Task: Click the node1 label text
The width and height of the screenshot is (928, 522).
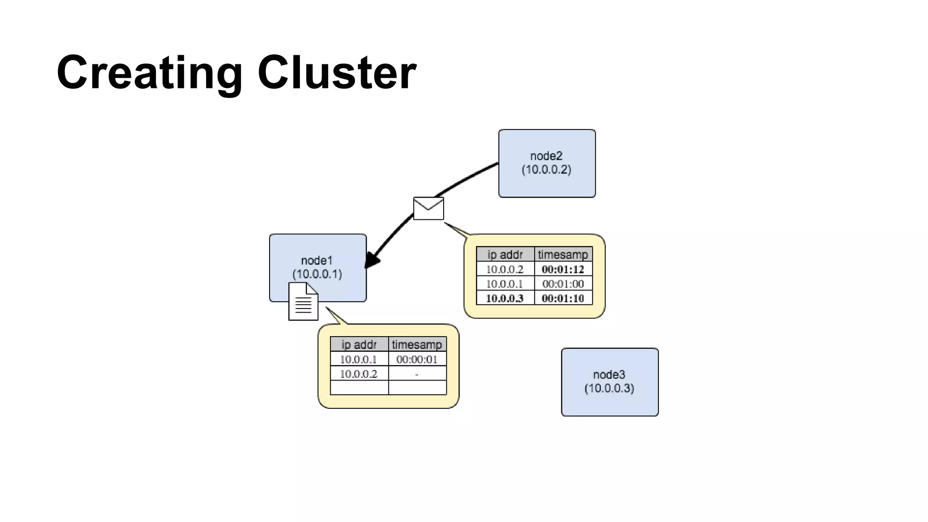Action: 317,261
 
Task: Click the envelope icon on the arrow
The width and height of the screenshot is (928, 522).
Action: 428,208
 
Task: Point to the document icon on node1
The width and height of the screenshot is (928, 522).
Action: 303,302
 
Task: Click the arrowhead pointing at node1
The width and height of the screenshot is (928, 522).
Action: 372,261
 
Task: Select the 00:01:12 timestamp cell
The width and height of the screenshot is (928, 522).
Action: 563,269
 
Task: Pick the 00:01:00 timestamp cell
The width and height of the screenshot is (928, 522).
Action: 563,284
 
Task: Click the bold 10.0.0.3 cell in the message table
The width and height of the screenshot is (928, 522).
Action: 505,298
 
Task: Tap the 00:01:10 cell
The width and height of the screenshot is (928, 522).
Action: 563,298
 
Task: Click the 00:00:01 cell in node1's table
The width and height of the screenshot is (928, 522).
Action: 417,359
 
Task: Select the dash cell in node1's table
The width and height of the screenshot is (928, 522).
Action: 417,374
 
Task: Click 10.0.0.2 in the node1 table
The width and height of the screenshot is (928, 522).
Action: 358,374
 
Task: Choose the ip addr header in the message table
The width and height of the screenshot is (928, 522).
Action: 505,255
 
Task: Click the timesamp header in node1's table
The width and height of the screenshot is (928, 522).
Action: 417,345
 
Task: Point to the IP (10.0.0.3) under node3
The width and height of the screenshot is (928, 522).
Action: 609,388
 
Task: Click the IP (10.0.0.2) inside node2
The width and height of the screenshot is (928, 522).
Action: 546,170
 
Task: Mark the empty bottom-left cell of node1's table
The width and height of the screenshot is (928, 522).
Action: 358,388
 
